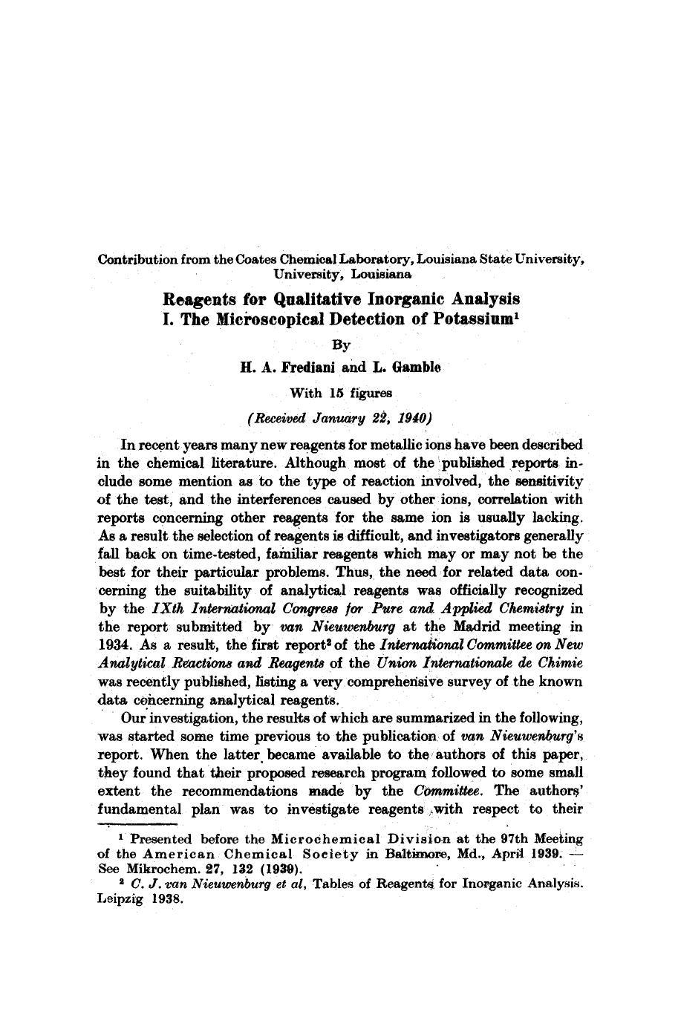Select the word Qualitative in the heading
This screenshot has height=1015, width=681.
[316, 299]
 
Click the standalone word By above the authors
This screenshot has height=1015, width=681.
[340, 345]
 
